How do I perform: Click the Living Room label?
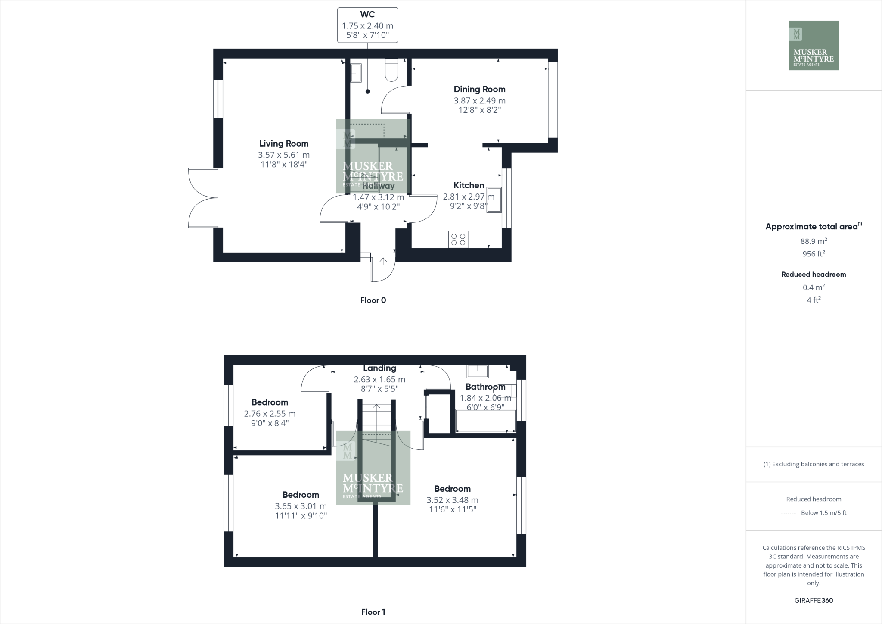284,144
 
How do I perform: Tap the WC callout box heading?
367,15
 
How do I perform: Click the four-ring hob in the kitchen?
458,240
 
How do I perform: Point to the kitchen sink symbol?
494,200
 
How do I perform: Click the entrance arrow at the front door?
383,261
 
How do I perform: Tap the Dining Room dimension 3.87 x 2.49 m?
479,100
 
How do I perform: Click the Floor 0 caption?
373,300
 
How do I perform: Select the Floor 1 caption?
373,612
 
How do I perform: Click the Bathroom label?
485,387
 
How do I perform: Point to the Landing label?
379,368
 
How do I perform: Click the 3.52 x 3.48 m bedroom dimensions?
452,500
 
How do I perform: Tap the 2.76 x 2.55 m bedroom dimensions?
270,413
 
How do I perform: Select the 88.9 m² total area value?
814,241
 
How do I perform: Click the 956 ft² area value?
814,254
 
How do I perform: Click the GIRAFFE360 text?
814,600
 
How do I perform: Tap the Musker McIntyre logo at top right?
814,45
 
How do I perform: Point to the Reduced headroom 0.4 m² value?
814,287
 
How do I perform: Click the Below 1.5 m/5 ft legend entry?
823,513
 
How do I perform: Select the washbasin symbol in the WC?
356,73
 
